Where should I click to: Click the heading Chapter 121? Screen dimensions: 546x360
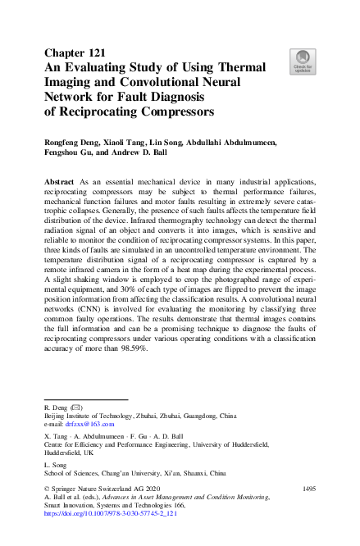coord(74,54)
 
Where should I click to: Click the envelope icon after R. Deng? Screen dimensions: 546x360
coord(77,407)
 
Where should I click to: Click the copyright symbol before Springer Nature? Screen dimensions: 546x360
coord(46,489)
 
